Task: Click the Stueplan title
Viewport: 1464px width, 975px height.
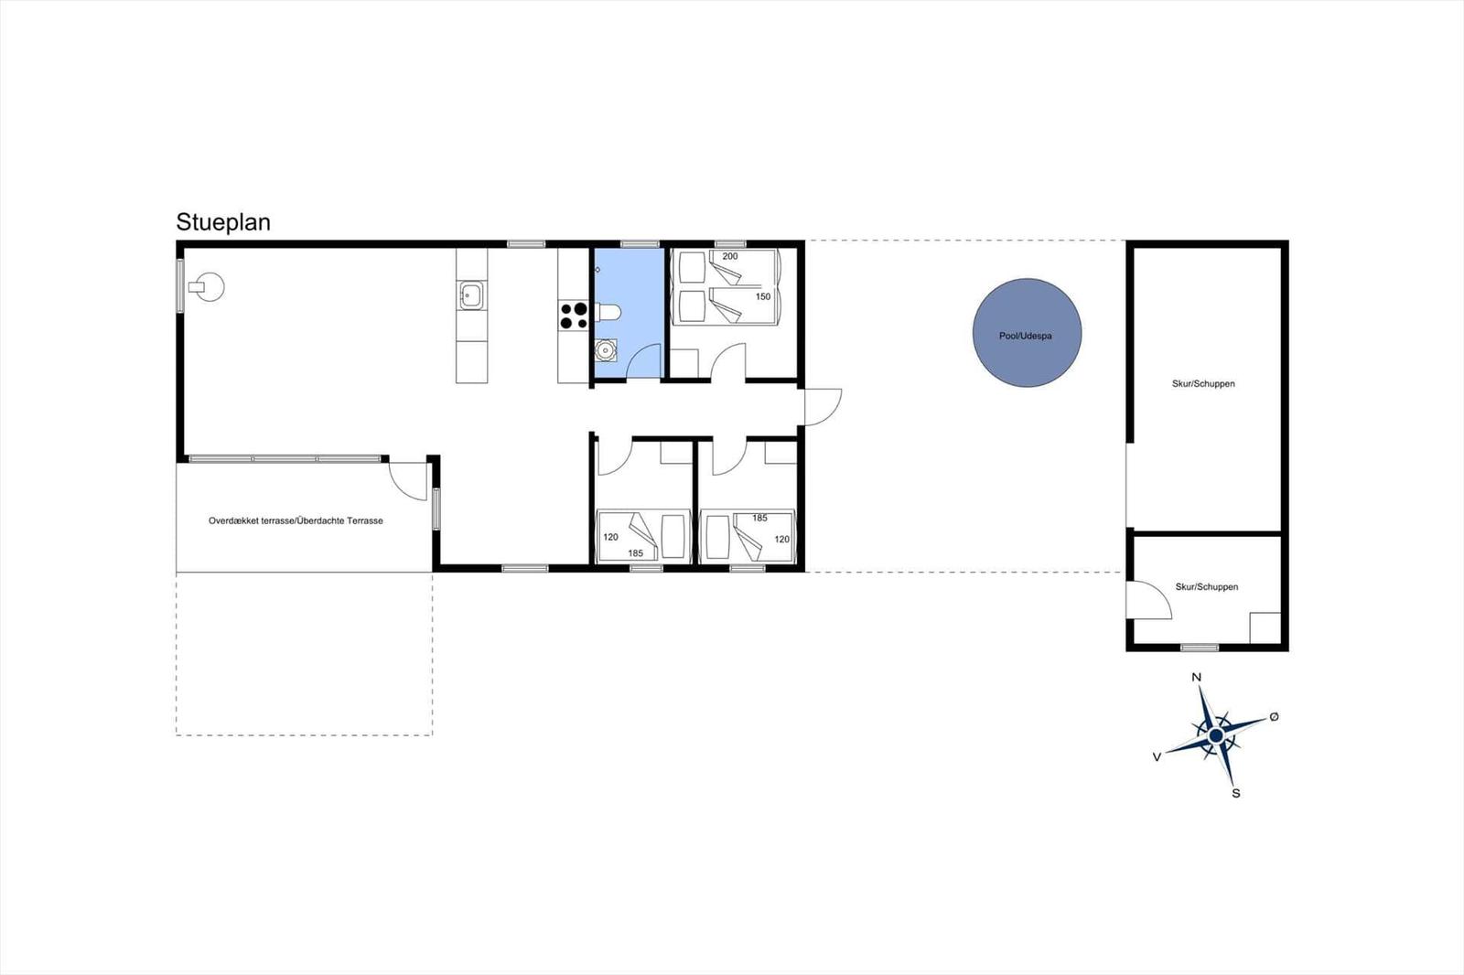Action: (x=223, y=222)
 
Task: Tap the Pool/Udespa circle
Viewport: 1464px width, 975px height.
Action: (x=1027, y=333)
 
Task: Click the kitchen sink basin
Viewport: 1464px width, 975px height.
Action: (x=472, y=295)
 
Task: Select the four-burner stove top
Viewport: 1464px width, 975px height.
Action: (x=574, y=316)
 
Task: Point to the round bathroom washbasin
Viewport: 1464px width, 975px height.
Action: (x=605, y=350)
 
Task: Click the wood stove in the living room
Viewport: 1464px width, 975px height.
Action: (x=210, y=287)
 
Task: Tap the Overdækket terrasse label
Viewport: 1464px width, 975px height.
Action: (x=296, y=520)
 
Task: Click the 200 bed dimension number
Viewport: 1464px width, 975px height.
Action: (x=730, y=256)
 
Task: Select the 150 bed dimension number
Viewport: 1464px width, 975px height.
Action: (x=763, y=296)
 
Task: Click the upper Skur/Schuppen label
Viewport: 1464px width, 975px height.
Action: (x=1203, y=384)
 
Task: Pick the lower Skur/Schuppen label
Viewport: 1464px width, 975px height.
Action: (x=1207, y=587)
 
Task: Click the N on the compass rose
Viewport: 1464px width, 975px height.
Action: (x=1196, y=678)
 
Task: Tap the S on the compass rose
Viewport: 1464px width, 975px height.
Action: (x=1236, y=793)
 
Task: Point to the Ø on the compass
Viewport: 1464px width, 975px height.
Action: (x=1274, y=717)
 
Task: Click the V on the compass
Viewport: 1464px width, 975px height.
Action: (x=1157, y=757)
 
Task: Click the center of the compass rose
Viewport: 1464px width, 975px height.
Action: (x=1216, y=735)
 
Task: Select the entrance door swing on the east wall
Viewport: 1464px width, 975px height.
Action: (x=822, y=406)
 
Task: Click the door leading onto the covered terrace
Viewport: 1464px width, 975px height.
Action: (x=408, y=480)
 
